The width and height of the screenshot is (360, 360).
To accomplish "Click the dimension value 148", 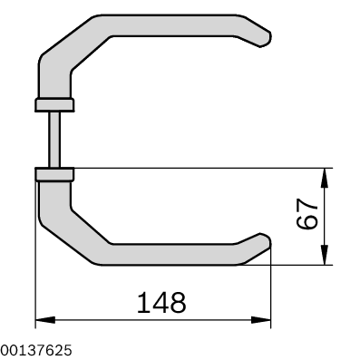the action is point(161,303).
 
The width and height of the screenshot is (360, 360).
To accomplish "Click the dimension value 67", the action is point(306,214).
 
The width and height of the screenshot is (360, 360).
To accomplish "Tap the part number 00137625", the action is point(36,350).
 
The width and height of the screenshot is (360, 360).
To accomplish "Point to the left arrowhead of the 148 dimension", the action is point(45,320).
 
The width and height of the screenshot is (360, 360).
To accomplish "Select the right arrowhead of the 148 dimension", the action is point(261,320).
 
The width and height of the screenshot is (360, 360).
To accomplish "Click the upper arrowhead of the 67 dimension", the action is point(325,178).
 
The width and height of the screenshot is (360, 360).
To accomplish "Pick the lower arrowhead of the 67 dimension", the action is point(325,255).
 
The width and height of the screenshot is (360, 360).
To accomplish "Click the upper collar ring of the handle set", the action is point(54,104).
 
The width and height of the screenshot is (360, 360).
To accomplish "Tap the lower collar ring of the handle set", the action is point(54,175).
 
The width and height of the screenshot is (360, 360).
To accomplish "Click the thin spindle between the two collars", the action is point(54,140).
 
